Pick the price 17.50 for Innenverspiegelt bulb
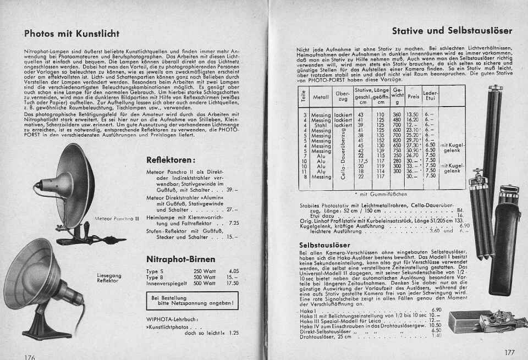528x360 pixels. coord(233,283)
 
